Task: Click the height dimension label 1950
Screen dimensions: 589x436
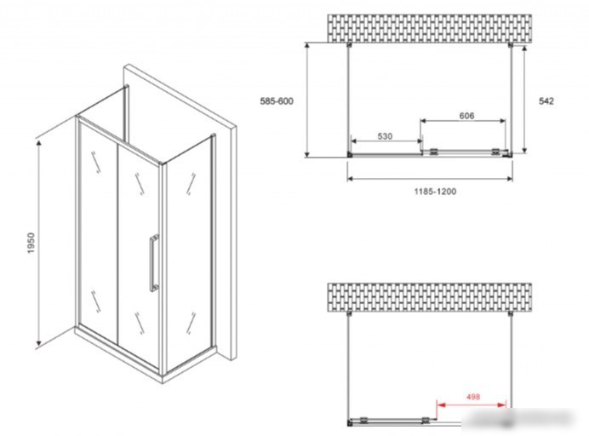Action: tap(31, 243)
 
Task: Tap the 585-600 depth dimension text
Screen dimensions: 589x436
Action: tap(277, 101)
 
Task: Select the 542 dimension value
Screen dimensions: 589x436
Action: tap(546, 101)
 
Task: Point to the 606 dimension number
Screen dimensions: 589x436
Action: tap(466, 116)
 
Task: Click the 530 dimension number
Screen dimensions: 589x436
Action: tap(385, 136)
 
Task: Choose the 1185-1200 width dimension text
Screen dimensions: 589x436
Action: tap(435, 192)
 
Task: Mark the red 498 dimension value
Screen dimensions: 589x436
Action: tap(473, 397)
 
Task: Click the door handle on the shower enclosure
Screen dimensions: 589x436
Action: tap(154, 263)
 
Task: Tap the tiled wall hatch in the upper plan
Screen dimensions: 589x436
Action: tap(429, 29)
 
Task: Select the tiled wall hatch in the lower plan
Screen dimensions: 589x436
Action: tap(429, 298)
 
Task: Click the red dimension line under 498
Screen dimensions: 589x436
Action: tap(471, 404)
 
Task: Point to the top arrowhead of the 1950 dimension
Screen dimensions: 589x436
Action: tap(38, 143)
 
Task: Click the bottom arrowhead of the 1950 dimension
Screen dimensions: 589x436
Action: tap(38, 343)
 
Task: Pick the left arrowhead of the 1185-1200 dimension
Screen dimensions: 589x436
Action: tap(351, 179)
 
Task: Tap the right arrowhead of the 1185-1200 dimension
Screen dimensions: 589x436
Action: tap(509, 179)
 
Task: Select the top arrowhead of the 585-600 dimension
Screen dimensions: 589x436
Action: tap(307, 46)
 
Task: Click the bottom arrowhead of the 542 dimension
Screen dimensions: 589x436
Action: tap(524, 150)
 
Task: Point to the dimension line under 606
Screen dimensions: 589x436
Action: tap(463, 121)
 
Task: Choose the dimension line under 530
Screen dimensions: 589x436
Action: tap(386, 141)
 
